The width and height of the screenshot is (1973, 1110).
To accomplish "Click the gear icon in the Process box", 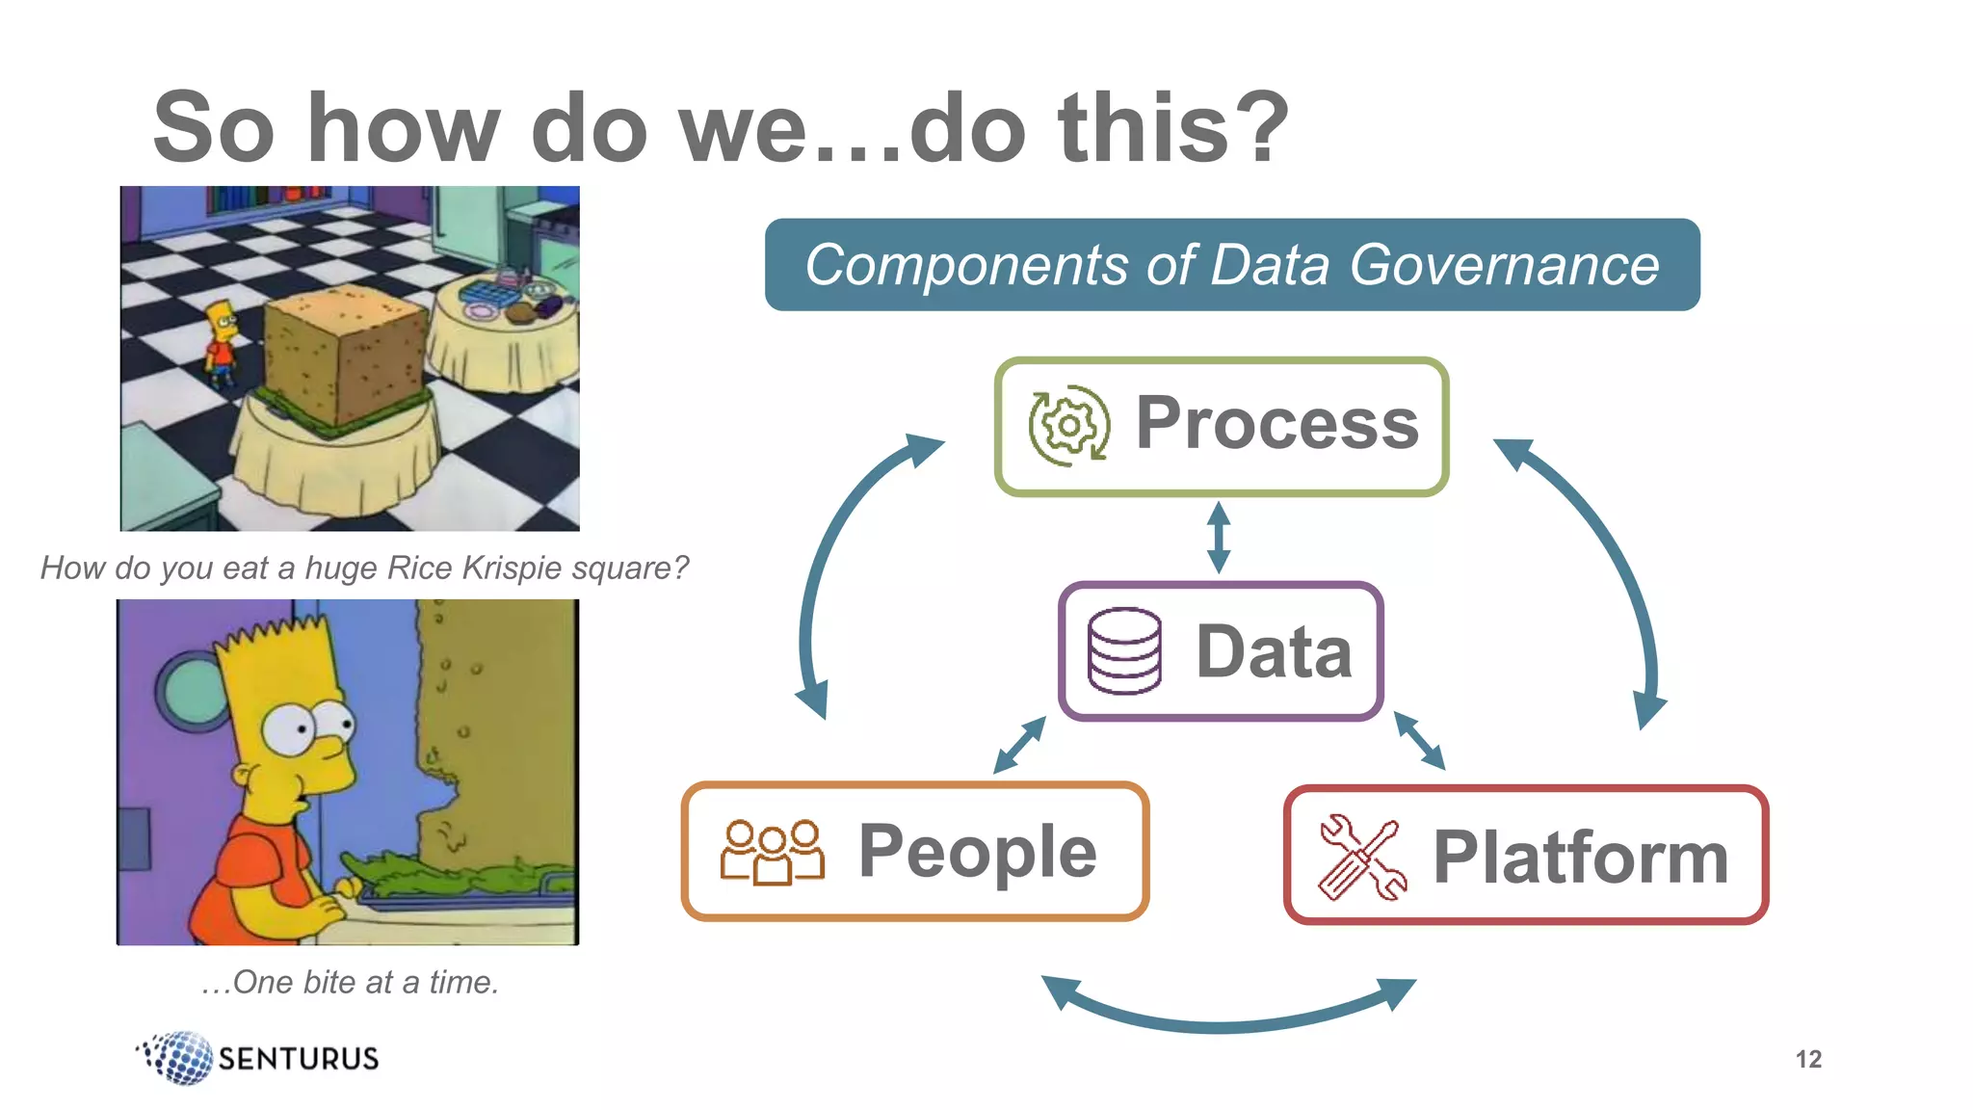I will click(x=1067, y=426).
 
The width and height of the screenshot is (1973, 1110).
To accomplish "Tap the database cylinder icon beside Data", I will click(x=1124, y=651).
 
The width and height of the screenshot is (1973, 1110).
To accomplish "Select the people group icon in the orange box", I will click(x=772, y=852).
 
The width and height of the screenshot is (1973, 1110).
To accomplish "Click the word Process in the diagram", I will click(x=1276, y=423).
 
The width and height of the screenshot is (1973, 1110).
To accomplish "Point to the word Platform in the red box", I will click(x=1580, y=857).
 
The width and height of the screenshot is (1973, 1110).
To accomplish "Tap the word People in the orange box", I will click(x=977, y=852).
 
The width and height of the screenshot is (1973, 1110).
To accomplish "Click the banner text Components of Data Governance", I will click(x=1231, y=265).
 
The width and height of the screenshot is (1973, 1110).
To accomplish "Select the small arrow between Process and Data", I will click(x=1219, y=538).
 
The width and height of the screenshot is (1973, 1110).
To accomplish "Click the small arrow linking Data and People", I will click(x=1019, y=744).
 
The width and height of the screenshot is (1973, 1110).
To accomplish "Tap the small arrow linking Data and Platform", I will click(x=1419, y=740).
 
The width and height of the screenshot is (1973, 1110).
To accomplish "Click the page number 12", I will click(x=1808, y=1059).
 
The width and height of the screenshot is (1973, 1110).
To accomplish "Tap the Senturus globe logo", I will click(x=179, y=1057).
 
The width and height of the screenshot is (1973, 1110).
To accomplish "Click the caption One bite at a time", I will click(x=351, y=982).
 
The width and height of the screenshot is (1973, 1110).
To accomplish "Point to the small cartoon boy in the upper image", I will click(x=222, y=343).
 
